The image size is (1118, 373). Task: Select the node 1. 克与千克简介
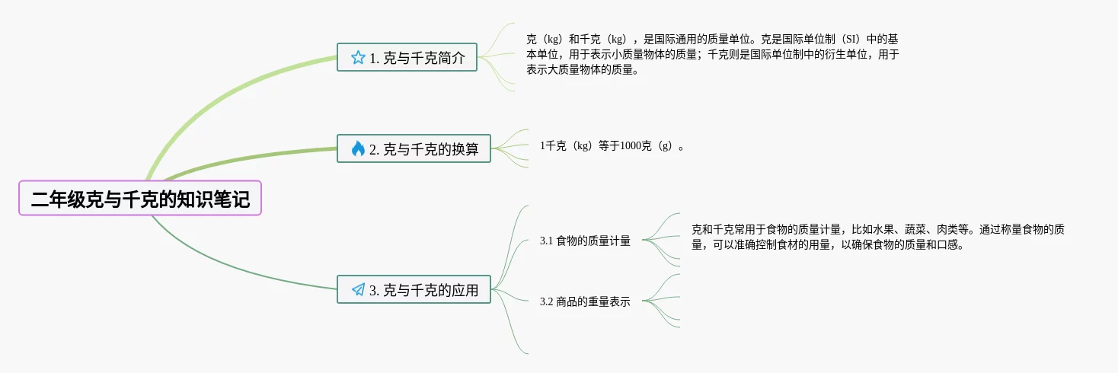coord(407,57)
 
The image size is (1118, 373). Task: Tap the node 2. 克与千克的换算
coord(414,148)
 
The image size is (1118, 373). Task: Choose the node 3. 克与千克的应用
coord(414,289)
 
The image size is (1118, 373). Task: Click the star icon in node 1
coord(358,57)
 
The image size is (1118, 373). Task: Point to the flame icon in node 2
coord(358,148)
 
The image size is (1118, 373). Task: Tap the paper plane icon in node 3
coord(358,289)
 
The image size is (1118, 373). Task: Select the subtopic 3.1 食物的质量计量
coord(585,241)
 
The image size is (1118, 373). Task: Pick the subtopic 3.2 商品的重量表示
coord(585,301)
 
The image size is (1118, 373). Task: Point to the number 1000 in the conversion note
coord(632,145)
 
